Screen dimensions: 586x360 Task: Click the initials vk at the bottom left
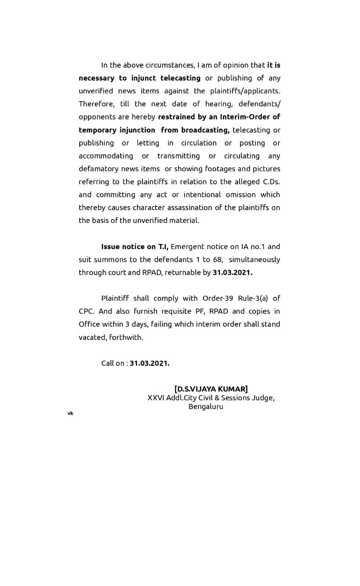pos(70,413)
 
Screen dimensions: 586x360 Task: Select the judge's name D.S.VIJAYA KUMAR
pos(211,389)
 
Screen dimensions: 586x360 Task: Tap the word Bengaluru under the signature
pos(206,407)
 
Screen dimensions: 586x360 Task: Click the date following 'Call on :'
pos(149,363)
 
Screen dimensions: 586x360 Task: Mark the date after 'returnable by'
pos(232,272)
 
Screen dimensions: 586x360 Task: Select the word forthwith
pos(126,337)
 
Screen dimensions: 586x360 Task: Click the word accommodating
pos(106,156)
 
